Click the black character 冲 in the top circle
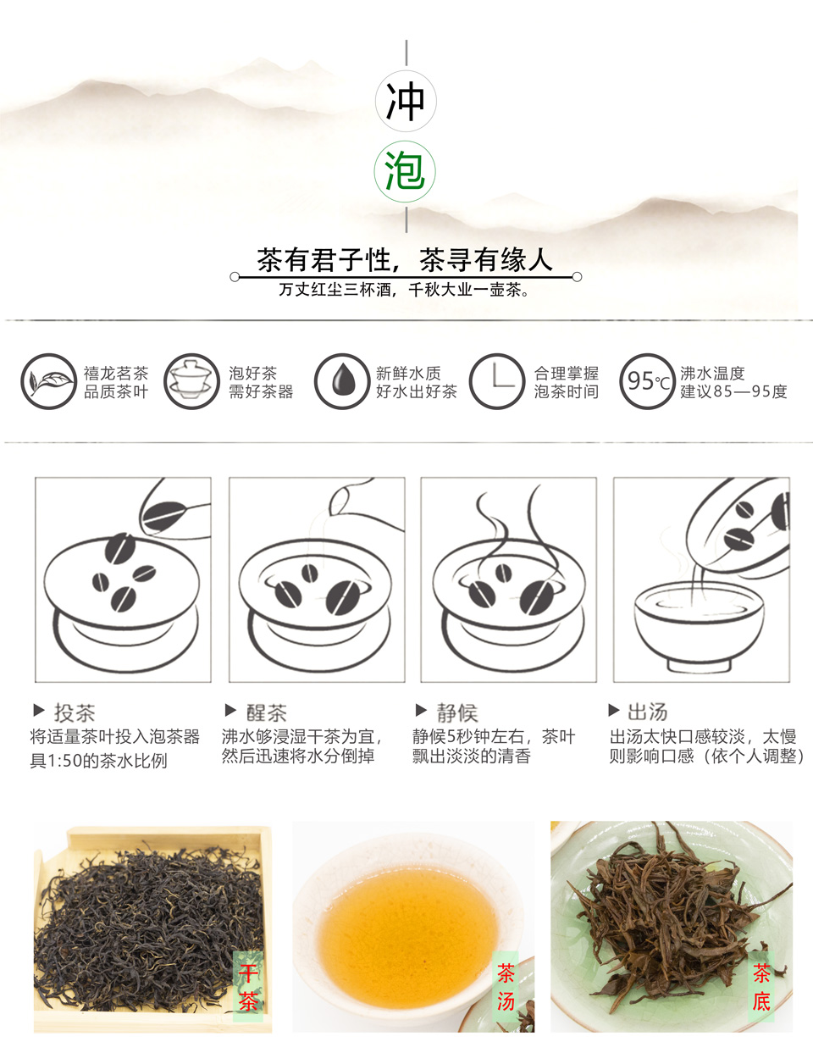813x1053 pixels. point(406,102)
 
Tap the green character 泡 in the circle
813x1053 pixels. point(405,171)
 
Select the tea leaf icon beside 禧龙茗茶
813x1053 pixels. point(48,381)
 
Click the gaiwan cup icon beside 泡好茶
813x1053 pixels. point(191,381)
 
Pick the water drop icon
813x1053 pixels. point(342,381)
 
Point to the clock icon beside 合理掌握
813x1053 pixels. point(497,381)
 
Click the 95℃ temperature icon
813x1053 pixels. point(648,381)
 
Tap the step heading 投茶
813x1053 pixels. point(75,712)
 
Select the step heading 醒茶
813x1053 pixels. point(267,712)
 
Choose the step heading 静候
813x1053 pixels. point(457,712)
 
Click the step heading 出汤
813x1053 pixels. point(648,712)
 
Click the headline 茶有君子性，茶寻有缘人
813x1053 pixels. point(405,260)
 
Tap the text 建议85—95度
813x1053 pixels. point(733,391)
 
